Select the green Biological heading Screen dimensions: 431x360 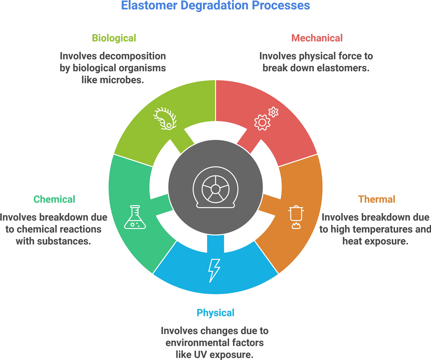tap(114, 38)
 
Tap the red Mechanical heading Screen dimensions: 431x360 tap(317, 38)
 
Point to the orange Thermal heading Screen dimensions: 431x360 tap(377, 199)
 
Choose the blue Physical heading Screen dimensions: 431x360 tap(215, 313)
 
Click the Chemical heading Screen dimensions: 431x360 tap(54, 199)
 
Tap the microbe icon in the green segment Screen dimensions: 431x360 tap(165, 119)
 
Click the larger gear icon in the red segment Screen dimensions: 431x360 tap(262, 122)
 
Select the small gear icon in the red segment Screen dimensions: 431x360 tap(273, 112)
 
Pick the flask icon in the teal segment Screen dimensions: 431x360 tap(135, 217)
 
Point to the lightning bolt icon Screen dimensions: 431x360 tap(214, 271)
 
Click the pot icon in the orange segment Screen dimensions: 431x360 tap(296, 214)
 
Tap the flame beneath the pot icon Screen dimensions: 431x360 tap(296, 226)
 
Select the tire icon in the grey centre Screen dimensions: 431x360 tap(215, 187)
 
